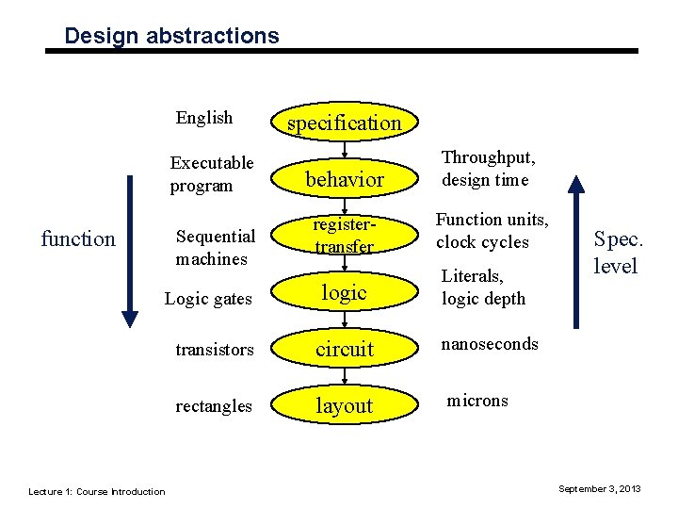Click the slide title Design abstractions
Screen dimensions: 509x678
click(171, 36)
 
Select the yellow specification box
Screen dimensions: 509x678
click(344, 123)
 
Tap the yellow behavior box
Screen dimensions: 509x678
click(344, 179)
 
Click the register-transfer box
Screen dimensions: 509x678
click(344, 236)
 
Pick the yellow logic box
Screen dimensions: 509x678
click(344, 293)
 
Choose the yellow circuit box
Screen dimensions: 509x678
click(344, 349)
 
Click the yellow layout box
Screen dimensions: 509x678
click(344, 405)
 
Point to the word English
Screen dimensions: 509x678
click(204, 118)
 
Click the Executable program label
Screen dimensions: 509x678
click(212, 174)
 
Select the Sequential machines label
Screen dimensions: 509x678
click(215, 247)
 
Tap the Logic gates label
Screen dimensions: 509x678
click(208, 299)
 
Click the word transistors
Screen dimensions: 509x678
click(215, 350)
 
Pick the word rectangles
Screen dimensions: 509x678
click(214, 406)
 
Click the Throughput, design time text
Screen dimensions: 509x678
click(488, 169)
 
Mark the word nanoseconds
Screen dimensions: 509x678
click(490, 344)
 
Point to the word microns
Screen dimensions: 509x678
click(477, 401)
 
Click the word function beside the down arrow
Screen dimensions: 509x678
click(78, 238)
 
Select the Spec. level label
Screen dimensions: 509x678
click(615, 253)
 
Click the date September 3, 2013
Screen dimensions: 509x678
click(600, 488)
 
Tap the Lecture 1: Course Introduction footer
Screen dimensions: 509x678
click(96, 491)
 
